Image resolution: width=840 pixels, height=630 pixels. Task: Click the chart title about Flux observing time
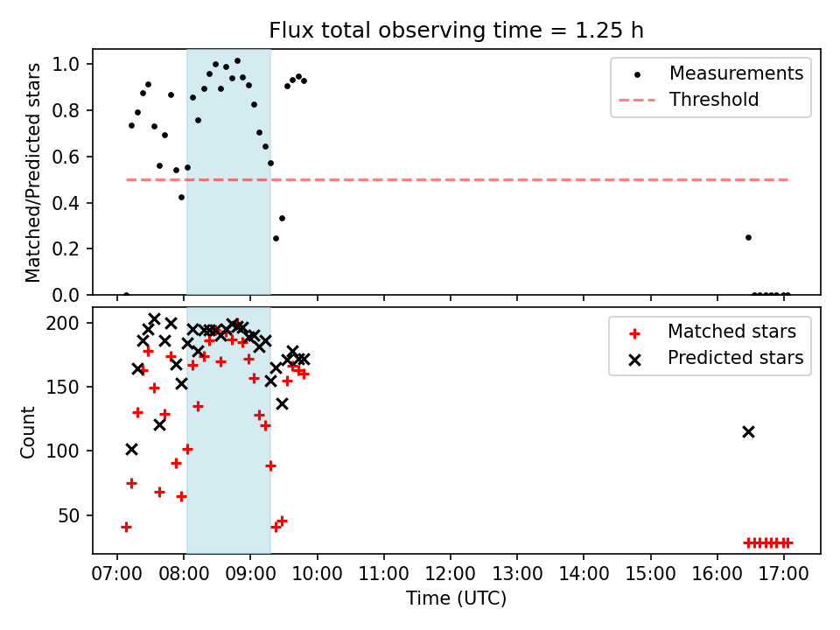456,31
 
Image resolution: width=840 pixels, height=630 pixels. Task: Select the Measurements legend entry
736,73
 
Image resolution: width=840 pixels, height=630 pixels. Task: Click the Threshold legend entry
714,100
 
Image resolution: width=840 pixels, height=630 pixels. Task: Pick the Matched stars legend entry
731,332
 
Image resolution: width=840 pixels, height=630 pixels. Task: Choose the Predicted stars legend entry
735,358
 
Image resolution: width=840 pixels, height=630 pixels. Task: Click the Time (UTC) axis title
456,598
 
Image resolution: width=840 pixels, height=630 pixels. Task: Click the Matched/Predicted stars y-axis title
33,172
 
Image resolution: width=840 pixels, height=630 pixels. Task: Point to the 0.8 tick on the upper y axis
71,111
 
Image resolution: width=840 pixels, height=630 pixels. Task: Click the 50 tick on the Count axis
72,515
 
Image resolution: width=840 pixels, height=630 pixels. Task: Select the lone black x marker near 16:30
748,431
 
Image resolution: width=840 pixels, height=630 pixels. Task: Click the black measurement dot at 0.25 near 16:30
748,237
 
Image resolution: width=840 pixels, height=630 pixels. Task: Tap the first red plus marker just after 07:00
126,527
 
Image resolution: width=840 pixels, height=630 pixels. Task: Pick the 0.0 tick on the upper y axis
71,295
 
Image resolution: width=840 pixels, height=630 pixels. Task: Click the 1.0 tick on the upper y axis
71,65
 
